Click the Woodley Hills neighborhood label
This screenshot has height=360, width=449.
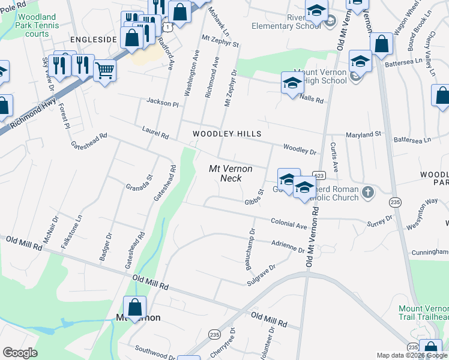(x=221, y=133)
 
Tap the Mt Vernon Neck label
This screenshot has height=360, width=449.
(x=230, y=174)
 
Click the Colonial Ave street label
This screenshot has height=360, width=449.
(x=289, y=223)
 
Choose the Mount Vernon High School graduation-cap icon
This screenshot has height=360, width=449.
(x=292, y=83)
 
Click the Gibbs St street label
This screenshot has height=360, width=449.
(x=255, y=197)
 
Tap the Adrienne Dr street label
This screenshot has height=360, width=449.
(x=288, y=246)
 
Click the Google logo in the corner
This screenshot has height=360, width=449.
(x=20, y=352)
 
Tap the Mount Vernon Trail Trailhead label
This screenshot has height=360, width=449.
(x=424, y=313)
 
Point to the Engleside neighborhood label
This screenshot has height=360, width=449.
(x=93, y=40)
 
